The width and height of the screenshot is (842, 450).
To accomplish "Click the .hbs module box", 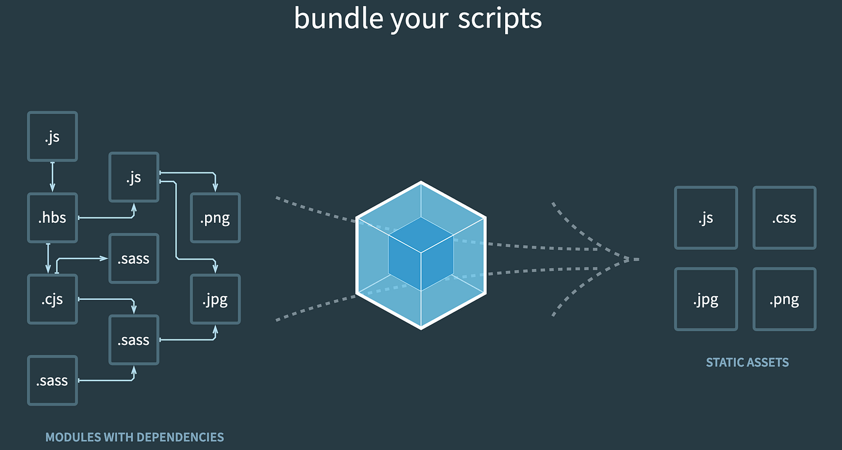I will [52, 217].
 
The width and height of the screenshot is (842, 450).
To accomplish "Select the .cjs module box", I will [52, 299].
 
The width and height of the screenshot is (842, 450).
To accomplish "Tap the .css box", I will [784, 217].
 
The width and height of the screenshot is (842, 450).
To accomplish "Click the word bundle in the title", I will [339, 19].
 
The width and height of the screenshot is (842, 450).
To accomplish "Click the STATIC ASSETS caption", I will [747, 362].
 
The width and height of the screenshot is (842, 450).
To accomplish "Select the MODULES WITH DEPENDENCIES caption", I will [135, 437].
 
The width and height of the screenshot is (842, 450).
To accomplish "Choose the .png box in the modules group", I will [215, 217].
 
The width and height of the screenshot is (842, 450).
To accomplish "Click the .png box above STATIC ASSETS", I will [784, 299].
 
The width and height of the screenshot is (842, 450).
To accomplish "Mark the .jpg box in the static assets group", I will [706, 299].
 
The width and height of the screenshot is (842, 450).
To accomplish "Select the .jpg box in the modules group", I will [215, 299].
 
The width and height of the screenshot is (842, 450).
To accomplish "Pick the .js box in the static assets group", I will [706, 217].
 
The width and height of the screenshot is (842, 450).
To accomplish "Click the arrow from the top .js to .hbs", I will [52, 177].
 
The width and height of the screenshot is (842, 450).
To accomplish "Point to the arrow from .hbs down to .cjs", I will [48, 258].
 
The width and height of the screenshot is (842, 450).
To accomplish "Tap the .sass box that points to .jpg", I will [134, 339].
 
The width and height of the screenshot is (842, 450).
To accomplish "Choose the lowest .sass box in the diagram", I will [52, 380].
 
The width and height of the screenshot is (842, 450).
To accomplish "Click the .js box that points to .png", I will [134, 177].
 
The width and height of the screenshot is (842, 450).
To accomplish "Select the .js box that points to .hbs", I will [52, 136].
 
